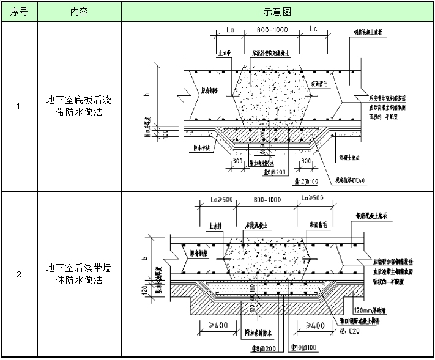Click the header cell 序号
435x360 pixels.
click(x=18, y=12)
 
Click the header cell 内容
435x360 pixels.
click(x=79, y=12)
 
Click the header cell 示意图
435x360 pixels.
click(x=277, y=12)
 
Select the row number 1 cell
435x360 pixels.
click(x=18, y=107)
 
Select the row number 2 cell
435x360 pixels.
click(x=18, y=275)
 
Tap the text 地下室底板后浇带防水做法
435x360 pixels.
click(x=79, y=107)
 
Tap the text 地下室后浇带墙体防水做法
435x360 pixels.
click(x=79, y=275)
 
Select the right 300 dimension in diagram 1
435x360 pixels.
click(x=307, y=160)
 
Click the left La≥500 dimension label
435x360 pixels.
click(x=210, y=199)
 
